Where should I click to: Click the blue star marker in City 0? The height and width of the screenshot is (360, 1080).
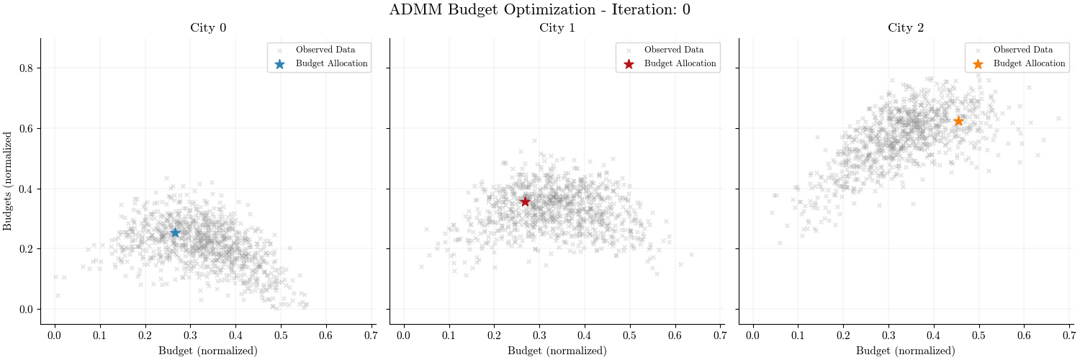(x=175, y=233)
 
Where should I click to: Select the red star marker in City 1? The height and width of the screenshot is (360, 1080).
(x=525, y=202)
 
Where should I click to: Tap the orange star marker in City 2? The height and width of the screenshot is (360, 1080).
(x=958, y=121)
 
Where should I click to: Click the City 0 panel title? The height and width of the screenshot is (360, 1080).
(x=207, y=28)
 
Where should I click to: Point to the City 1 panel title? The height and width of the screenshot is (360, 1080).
(x=557, y=28)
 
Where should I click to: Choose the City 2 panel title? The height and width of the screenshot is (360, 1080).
(x=906, y=28)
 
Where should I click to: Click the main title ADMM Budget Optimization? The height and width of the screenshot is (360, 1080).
(x=540, y=10)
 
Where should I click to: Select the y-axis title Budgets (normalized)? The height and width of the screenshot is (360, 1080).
(x=8, y=181)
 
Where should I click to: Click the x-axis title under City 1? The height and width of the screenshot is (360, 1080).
(x=557, y=351)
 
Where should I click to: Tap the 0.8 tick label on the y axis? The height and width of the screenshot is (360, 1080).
(x=26, y=68)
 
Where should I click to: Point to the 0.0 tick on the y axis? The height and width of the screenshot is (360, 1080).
(x=26, y=310)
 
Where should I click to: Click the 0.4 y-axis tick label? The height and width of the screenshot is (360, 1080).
(x=26, y=189)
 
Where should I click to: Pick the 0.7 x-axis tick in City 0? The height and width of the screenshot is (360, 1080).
(x=371, y=336)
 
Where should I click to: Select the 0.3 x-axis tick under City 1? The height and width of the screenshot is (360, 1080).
(x=539, y=336)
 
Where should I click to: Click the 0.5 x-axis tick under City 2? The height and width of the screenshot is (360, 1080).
(x=979, y=336)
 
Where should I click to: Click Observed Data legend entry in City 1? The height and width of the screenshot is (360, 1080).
(x=674, y=50)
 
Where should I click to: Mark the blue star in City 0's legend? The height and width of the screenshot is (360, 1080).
(x=280, y=63)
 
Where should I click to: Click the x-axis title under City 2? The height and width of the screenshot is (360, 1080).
(x=906, y=351)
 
